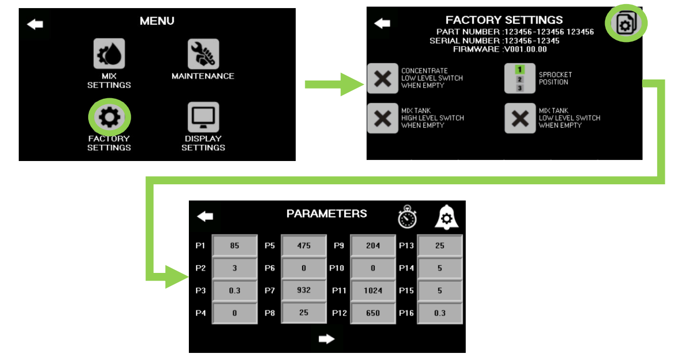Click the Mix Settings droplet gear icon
point(109,54)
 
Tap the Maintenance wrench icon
point(203,54)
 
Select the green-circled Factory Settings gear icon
point(110,117)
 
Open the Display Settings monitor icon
point(203,117)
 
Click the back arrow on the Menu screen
point(35,24)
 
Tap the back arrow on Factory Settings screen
point(382,23)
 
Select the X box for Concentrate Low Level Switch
point(383,78)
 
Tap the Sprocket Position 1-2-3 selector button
point(520,78)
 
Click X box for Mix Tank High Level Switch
point(383,118)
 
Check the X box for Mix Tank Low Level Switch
point(520,118)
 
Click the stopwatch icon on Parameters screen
point(407,217)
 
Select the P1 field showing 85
point(234,246)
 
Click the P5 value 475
point(304,246)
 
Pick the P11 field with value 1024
point(373,291)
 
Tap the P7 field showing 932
point(304,291)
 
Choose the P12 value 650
point(373,313)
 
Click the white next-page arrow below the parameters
point(327,339)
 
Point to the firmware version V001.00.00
point(525,49)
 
